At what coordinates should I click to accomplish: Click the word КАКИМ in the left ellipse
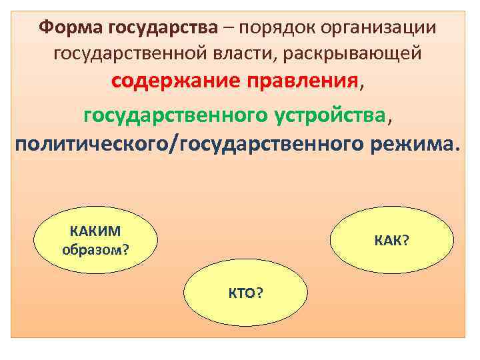pos(96,231)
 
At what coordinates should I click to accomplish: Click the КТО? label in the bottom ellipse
pos(245,293)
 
